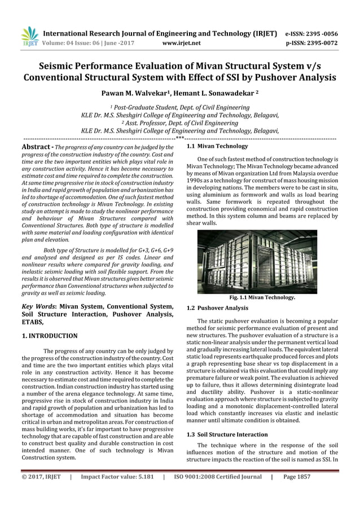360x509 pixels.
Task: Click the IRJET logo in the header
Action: tap(29, 37)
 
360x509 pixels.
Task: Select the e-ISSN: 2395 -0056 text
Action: tap(318, 33)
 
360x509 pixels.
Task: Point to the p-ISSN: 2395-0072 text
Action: tap(318, 41)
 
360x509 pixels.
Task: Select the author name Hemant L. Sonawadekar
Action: tap(213, 93)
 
